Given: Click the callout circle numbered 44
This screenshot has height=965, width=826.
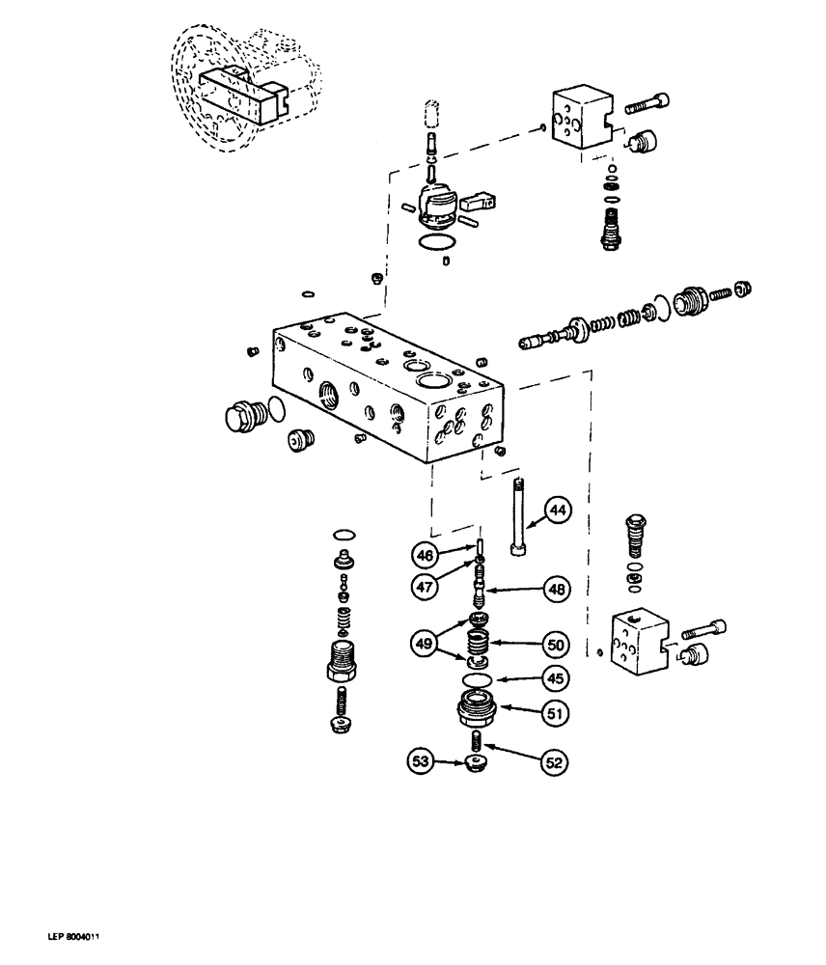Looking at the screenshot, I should pos(558,509).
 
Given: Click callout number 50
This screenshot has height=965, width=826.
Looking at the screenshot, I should pos(557,644).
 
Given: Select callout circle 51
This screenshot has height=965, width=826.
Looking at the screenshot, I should pos(557,714).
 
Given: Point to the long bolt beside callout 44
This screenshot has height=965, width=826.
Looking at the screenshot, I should pos(520,516).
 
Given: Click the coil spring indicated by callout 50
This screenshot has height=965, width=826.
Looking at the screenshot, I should pos(480,641).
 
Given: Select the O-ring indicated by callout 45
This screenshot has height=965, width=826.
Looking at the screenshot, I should pos(478,681).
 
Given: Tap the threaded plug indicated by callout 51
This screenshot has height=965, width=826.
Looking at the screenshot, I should pos(478,715).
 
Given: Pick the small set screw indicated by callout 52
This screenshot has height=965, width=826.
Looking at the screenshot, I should pos(476,743).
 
